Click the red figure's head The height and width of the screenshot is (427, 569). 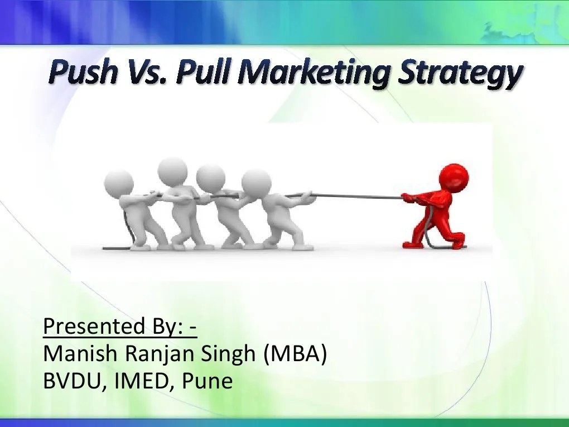(453, 179)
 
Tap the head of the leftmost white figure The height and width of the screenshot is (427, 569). (119, 183)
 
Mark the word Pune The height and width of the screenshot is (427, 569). (209, 381)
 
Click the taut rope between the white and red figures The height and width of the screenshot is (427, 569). (357, 195)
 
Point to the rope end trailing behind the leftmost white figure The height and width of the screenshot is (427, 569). (112, 246)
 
